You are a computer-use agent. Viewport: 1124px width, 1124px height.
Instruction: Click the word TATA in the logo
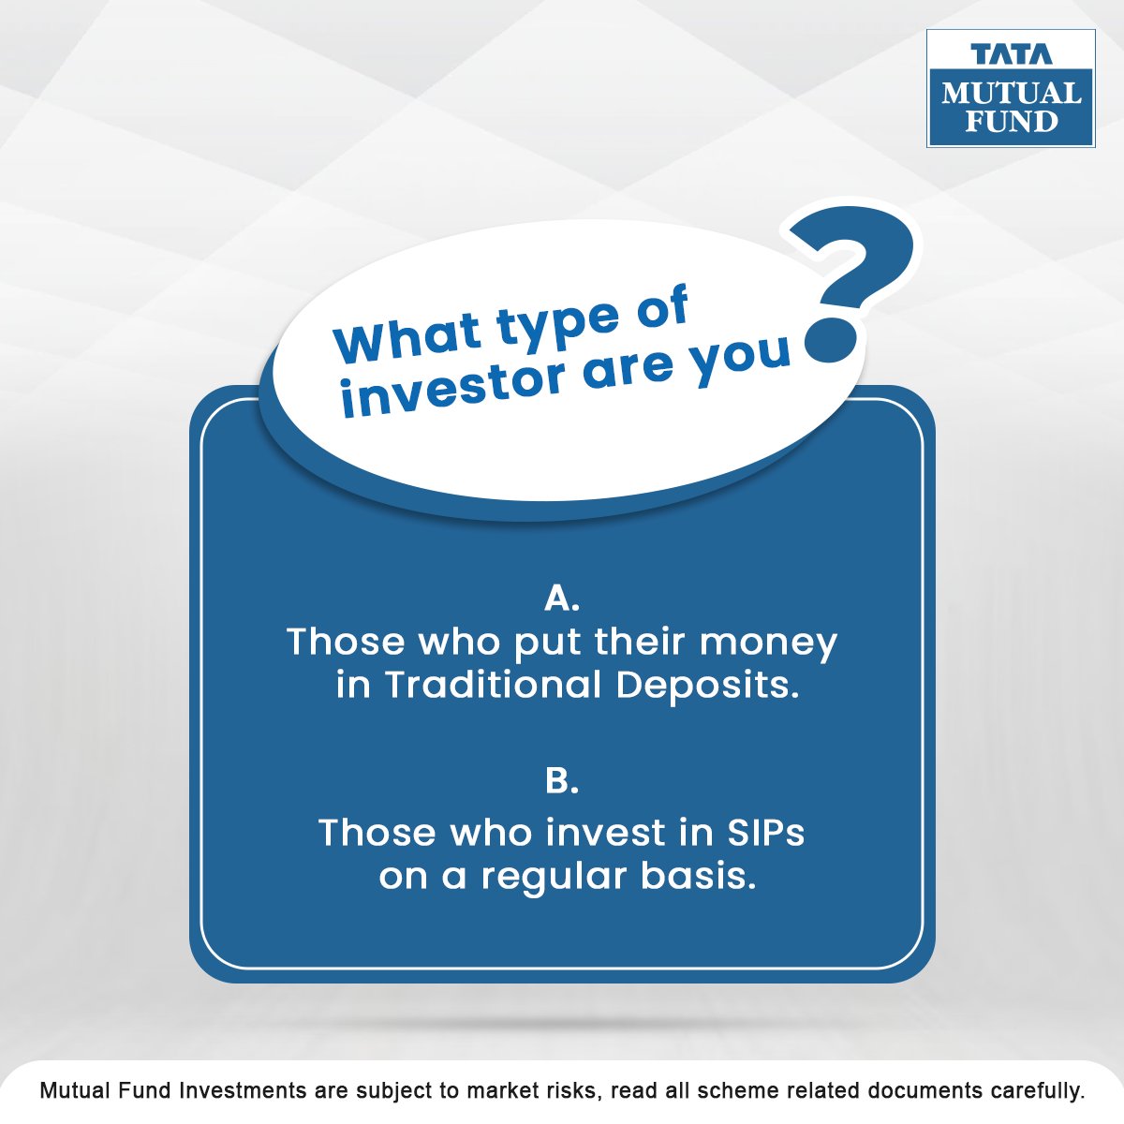tap(1011, 54)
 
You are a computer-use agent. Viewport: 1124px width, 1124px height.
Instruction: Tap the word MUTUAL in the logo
tap(1011, 94)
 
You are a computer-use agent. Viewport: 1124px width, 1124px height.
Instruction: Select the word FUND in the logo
tap(1011, 122)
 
